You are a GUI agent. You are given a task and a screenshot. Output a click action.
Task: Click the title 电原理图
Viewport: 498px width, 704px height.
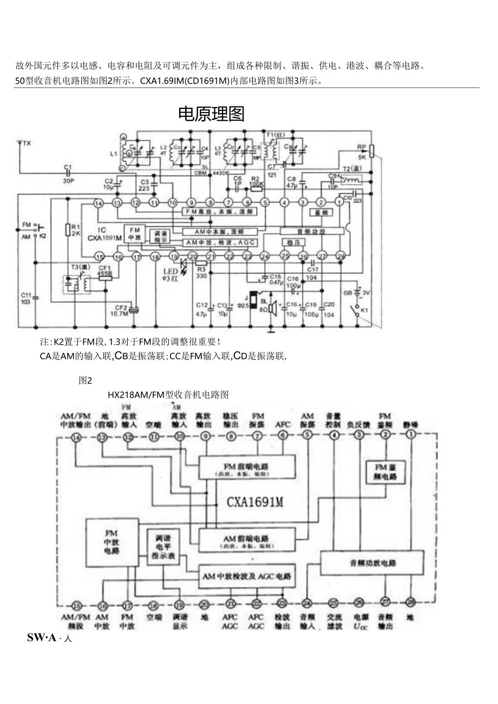point(211,114)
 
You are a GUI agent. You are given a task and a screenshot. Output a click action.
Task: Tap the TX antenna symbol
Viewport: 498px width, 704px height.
point(20,144)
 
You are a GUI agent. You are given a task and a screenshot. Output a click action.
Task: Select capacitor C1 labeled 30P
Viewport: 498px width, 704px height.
point(68,173)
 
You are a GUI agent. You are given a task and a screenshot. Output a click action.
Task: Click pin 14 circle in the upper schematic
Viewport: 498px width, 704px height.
point(98,203)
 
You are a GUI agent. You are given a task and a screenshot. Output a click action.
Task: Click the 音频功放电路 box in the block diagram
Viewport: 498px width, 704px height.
point(372,563)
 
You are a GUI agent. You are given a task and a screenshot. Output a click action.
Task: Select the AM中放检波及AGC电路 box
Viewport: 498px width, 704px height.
point(247,577)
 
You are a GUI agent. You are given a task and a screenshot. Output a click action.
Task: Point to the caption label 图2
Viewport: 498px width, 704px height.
point(86,380)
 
